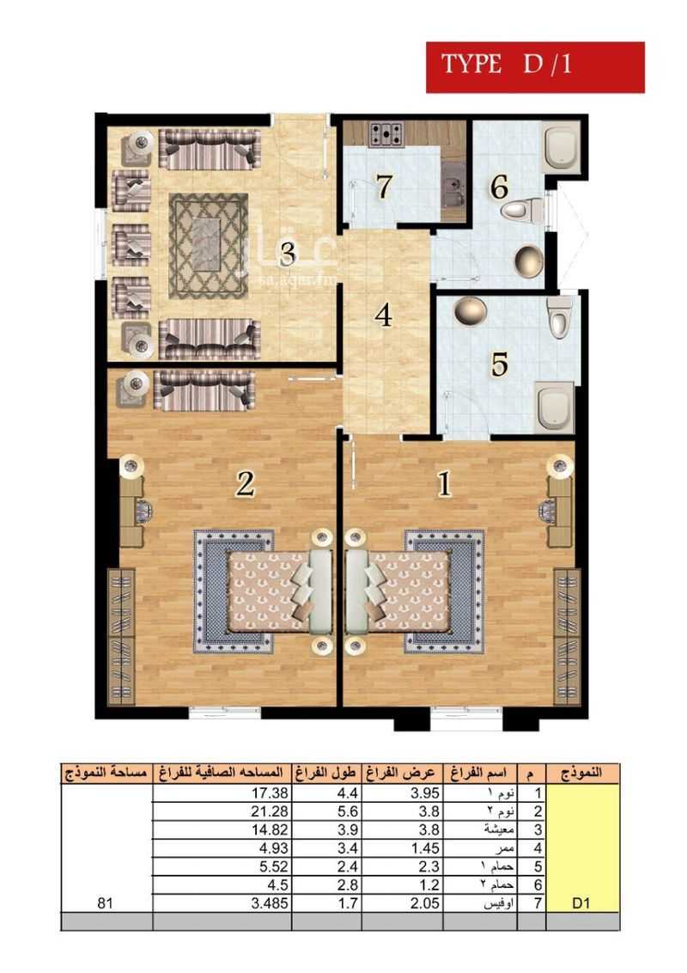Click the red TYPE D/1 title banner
pos(535,67)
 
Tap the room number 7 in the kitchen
pos(385,187)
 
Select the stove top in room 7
pos(386,133)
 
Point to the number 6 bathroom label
pos(499,187)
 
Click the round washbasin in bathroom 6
pos(528,260)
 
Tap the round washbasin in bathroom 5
pos(470,310)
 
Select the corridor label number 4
pos(383,315)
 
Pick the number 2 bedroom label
pos(245,484)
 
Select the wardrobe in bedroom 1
pos(567,636)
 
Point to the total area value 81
pos(106,903)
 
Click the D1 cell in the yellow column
pos(581,903)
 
